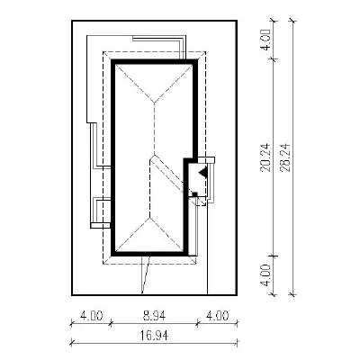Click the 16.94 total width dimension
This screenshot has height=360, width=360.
click(x=154, y=335)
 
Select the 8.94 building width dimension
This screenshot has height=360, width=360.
click(x=154, y=316)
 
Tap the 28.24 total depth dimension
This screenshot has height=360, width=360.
click(x=285, y=157)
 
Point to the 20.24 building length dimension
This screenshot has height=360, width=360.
click(x=265, y=157)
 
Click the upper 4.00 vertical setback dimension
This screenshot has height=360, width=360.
click(x=265, y=40)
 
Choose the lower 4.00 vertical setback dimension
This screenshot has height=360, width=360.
click(x=265, y=275)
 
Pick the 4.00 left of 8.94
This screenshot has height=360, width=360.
click(x=92, y=316)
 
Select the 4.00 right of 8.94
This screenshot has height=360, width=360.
click(x=217, y=316)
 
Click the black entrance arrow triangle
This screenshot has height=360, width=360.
click(x=202, y=172)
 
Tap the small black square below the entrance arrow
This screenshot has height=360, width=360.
click(x=194, y=194)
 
